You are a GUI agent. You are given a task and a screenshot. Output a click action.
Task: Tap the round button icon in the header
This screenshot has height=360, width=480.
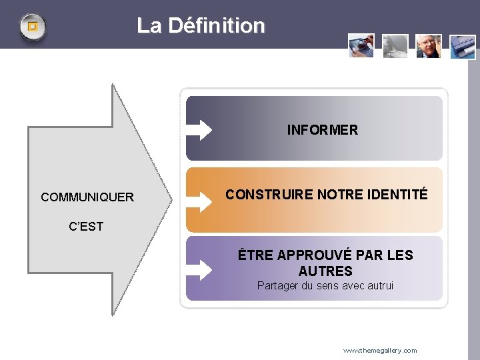click(32, 27)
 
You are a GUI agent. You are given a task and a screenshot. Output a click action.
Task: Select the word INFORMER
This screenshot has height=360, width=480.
click(322, 130)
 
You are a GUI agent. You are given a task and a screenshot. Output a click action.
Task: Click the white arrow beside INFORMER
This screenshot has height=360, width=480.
click(199, 129)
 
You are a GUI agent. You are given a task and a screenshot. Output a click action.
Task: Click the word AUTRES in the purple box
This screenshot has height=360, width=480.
click(325, 271)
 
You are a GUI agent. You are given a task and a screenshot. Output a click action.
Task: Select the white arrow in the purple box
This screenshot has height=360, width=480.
click(199, 269)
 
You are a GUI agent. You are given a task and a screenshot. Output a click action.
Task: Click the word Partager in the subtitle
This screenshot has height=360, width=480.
click(278, 286)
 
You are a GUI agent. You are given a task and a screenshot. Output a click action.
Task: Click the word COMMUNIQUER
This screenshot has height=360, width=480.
click(87, 197)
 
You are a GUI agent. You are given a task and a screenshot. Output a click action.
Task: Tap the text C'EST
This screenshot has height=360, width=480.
click(86, 227)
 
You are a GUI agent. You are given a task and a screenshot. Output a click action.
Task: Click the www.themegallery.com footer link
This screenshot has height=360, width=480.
click(380, 351)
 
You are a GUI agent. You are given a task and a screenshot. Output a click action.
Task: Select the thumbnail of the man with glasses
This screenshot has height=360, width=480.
click(429, 46)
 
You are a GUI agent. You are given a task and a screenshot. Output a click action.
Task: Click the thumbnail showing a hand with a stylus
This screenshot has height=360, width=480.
click(361, 45)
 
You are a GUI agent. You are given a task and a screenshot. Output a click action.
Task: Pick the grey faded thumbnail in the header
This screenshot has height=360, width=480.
click(395, 45)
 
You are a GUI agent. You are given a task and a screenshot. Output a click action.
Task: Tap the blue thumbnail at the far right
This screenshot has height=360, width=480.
click(463, 47)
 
